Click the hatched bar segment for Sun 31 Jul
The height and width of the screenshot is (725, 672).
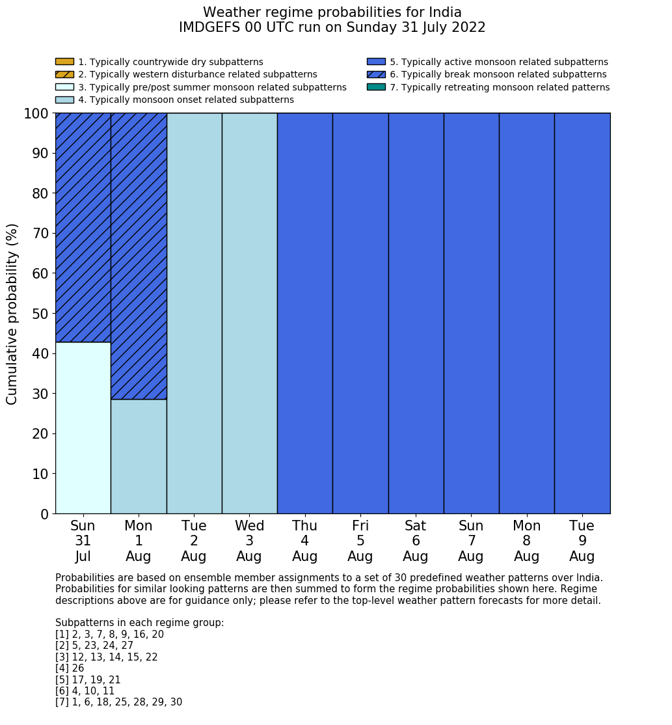pos(83,227)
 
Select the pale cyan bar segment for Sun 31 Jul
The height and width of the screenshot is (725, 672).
pos(83,428)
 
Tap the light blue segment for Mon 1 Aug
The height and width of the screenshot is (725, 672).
pos(139,456)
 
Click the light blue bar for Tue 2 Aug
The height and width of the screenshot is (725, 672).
pos(194,313)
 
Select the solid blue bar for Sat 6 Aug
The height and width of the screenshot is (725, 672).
pos(416,313)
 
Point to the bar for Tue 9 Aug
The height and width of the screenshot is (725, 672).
pos(582,313)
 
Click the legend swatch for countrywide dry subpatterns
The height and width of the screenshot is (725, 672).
pos(64,62)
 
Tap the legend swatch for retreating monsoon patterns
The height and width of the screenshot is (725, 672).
pos(376,87)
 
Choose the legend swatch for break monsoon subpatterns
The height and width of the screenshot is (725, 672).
pos(376,75)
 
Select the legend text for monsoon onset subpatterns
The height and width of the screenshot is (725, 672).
pos(186,100)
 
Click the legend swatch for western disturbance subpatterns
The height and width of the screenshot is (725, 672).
pos(64,75)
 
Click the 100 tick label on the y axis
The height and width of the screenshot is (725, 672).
pos(36,114)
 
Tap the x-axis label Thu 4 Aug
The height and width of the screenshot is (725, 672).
pos(304,541)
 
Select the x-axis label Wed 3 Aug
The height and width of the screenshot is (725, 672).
pos(249,541)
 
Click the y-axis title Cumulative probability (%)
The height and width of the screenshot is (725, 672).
pos(12,314)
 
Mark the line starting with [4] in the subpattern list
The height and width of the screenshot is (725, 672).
pos(70,668)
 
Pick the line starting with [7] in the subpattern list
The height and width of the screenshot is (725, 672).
pos(118,702)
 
